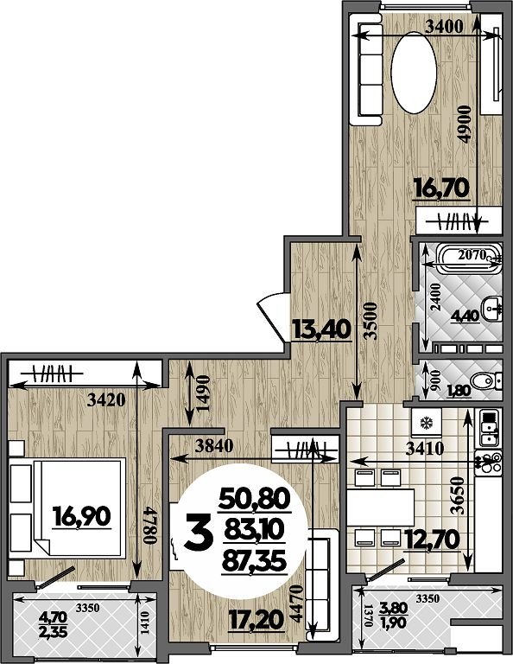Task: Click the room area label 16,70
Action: tap(441, 188)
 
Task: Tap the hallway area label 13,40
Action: tap(321, 330)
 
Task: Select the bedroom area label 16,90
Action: tap(82, 517)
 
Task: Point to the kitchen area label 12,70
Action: tap(433, 539)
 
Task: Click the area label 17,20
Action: tap(256, 622)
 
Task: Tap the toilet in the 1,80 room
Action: tap(486, 380)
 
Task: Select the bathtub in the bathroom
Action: tap(469, 259)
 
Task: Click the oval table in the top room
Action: tap(414, 72)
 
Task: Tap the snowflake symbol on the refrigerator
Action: tap(425, 423)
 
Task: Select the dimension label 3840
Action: tap(214, 445)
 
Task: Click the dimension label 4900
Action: tap(465, 124)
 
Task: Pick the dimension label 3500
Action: tap(370, 321)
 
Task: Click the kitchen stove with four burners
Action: tap(489, 463)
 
